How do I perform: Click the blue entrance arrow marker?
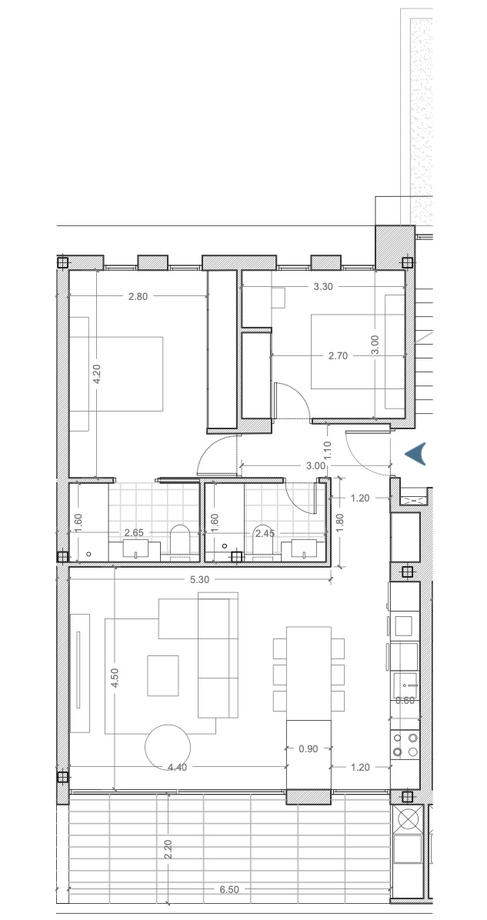(416, 454)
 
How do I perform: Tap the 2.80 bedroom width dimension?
(138, 296)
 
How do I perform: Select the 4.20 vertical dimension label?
(97, 375)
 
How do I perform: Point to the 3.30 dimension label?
(323, 287)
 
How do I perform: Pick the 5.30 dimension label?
(199, 580)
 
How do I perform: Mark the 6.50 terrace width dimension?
(228, 889)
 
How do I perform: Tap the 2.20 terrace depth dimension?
(168, 849)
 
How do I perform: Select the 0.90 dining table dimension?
(309, 748)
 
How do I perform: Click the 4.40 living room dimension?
(177, 768)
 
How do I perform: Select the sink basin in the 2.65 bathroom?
(135, 548)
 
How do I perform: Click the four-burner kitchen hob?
(405, 745)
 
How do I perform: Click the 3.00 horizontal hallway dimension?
(315, 466)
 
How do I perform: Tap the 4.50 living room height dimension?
(115, 678)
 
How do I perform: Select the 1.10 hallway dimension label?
(328, 449)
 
